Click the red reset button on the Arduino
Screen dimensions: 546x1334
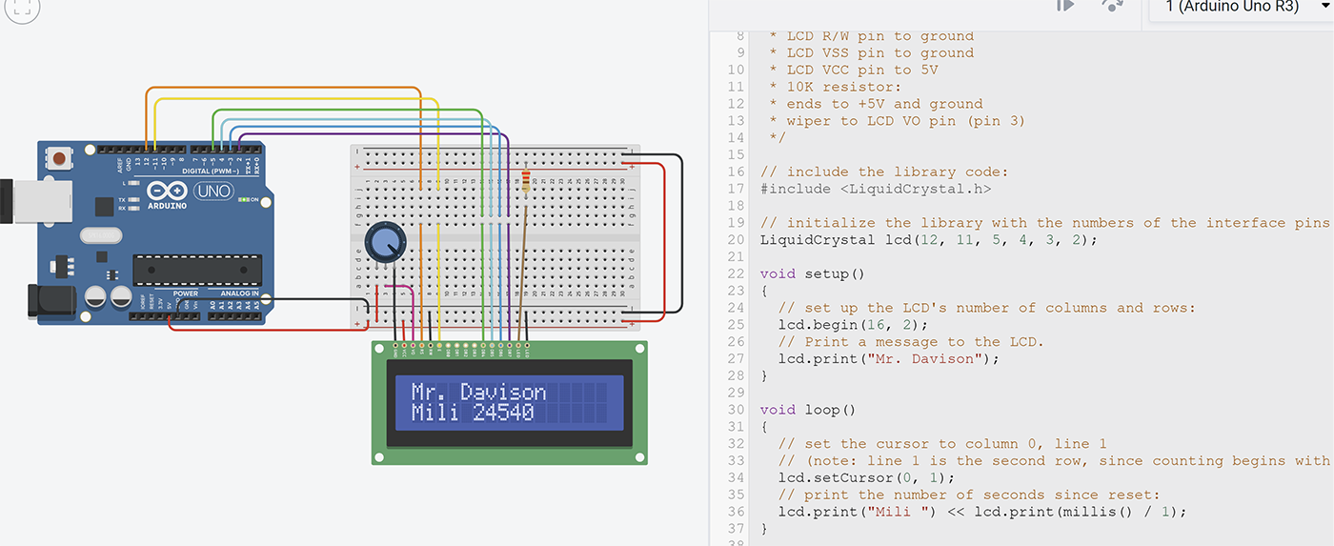tap(61, 157)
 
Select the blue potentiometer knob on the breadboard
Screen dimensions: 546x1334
tap(383, 244)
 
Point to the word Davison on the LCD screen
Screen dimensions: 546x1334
tap(503, 392)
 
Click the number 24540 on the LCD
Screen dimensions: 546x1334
tap(503, 414)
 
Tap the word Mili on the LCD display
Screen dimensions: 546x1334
tap(435, 414)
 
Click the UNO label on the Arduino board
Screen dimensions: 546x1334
tap(212, 192)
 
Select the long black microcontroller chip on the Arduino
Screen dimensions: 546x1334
tap(196, 270)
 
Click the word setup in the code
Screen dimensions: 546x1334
tap(827, 274)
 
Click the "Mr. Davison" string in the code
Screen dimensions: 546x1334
tap(929, 359)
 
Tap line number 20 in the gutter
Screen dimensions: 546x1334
tap(736, 240)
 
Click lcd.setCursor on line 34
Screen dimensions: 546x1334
tap(832, 477)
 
